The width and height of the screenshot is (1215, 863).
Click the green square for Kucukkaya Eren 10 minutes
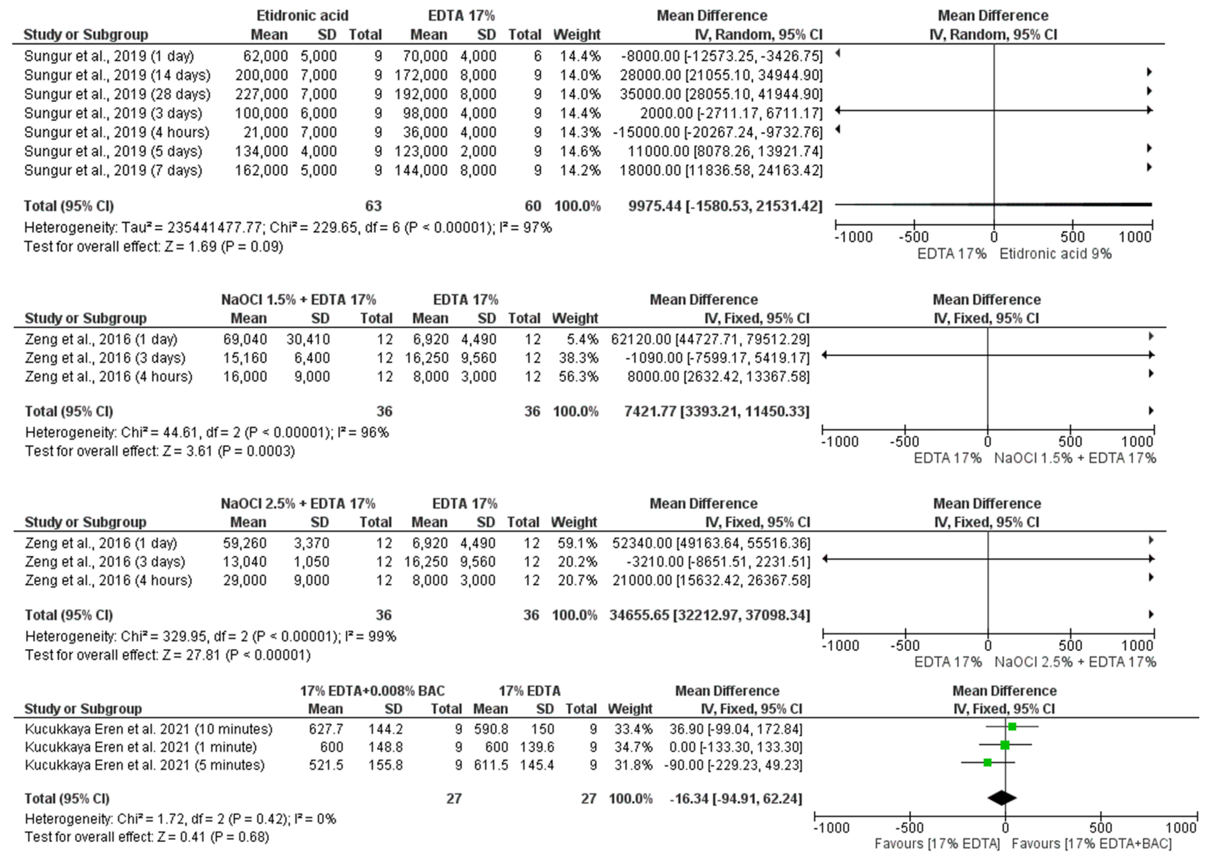[1012, 727]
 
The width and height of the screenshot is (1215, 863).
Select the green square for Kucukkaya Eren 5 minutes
[987, 762]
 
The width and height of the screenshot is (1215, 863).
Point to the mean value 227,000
[261, 94]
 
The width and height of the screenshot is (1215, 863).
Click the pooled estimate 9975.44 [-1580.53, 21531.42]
[725, 206]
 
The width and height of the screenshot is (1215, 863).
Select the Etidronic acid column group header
[302, 15]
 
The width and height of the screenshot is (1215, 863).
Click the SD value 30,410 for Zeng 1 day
[308, 339]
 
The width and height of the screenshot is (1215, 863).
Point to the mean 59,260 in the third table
[244, 543]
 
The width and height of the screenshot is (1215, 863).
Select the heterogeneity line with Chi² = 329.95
[210, 636]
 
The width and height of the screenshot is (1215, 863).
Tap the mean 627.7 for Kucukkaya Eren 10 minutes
[326, 729]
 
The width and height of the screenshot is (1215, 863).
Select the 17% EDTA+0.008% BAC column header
[372, 691]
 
